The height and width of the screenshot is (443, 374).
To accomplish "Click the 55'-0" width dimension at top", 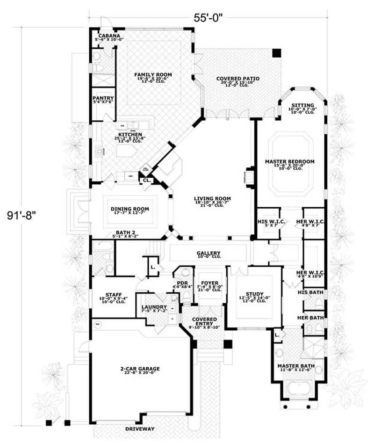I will pyautogui.click(x=208, y=17).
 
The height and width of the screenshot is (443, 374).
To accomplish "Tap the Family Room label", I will pyautogui.click(x=153, y=75).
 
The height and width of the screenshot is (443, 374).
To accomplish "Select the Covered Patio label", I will pyautogui.click(x=237, y=79).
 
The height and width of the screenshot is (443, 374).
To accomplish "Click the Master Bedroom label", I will pyautogui.click(x=289, y=161).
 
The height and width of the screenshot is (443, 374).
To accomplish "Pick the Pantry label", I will pyautogui.click(x=103, y=98).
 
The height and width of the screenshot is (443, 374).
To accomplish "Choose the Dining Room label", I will pyautogui.click(x=130, y=209).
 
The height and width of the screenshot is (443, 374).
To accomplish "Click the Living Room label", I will pyautogui.click(x=213, y=199).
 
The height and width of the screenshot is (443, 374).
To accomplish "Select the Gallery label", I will pyautogui.click(x=209, y=254).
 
